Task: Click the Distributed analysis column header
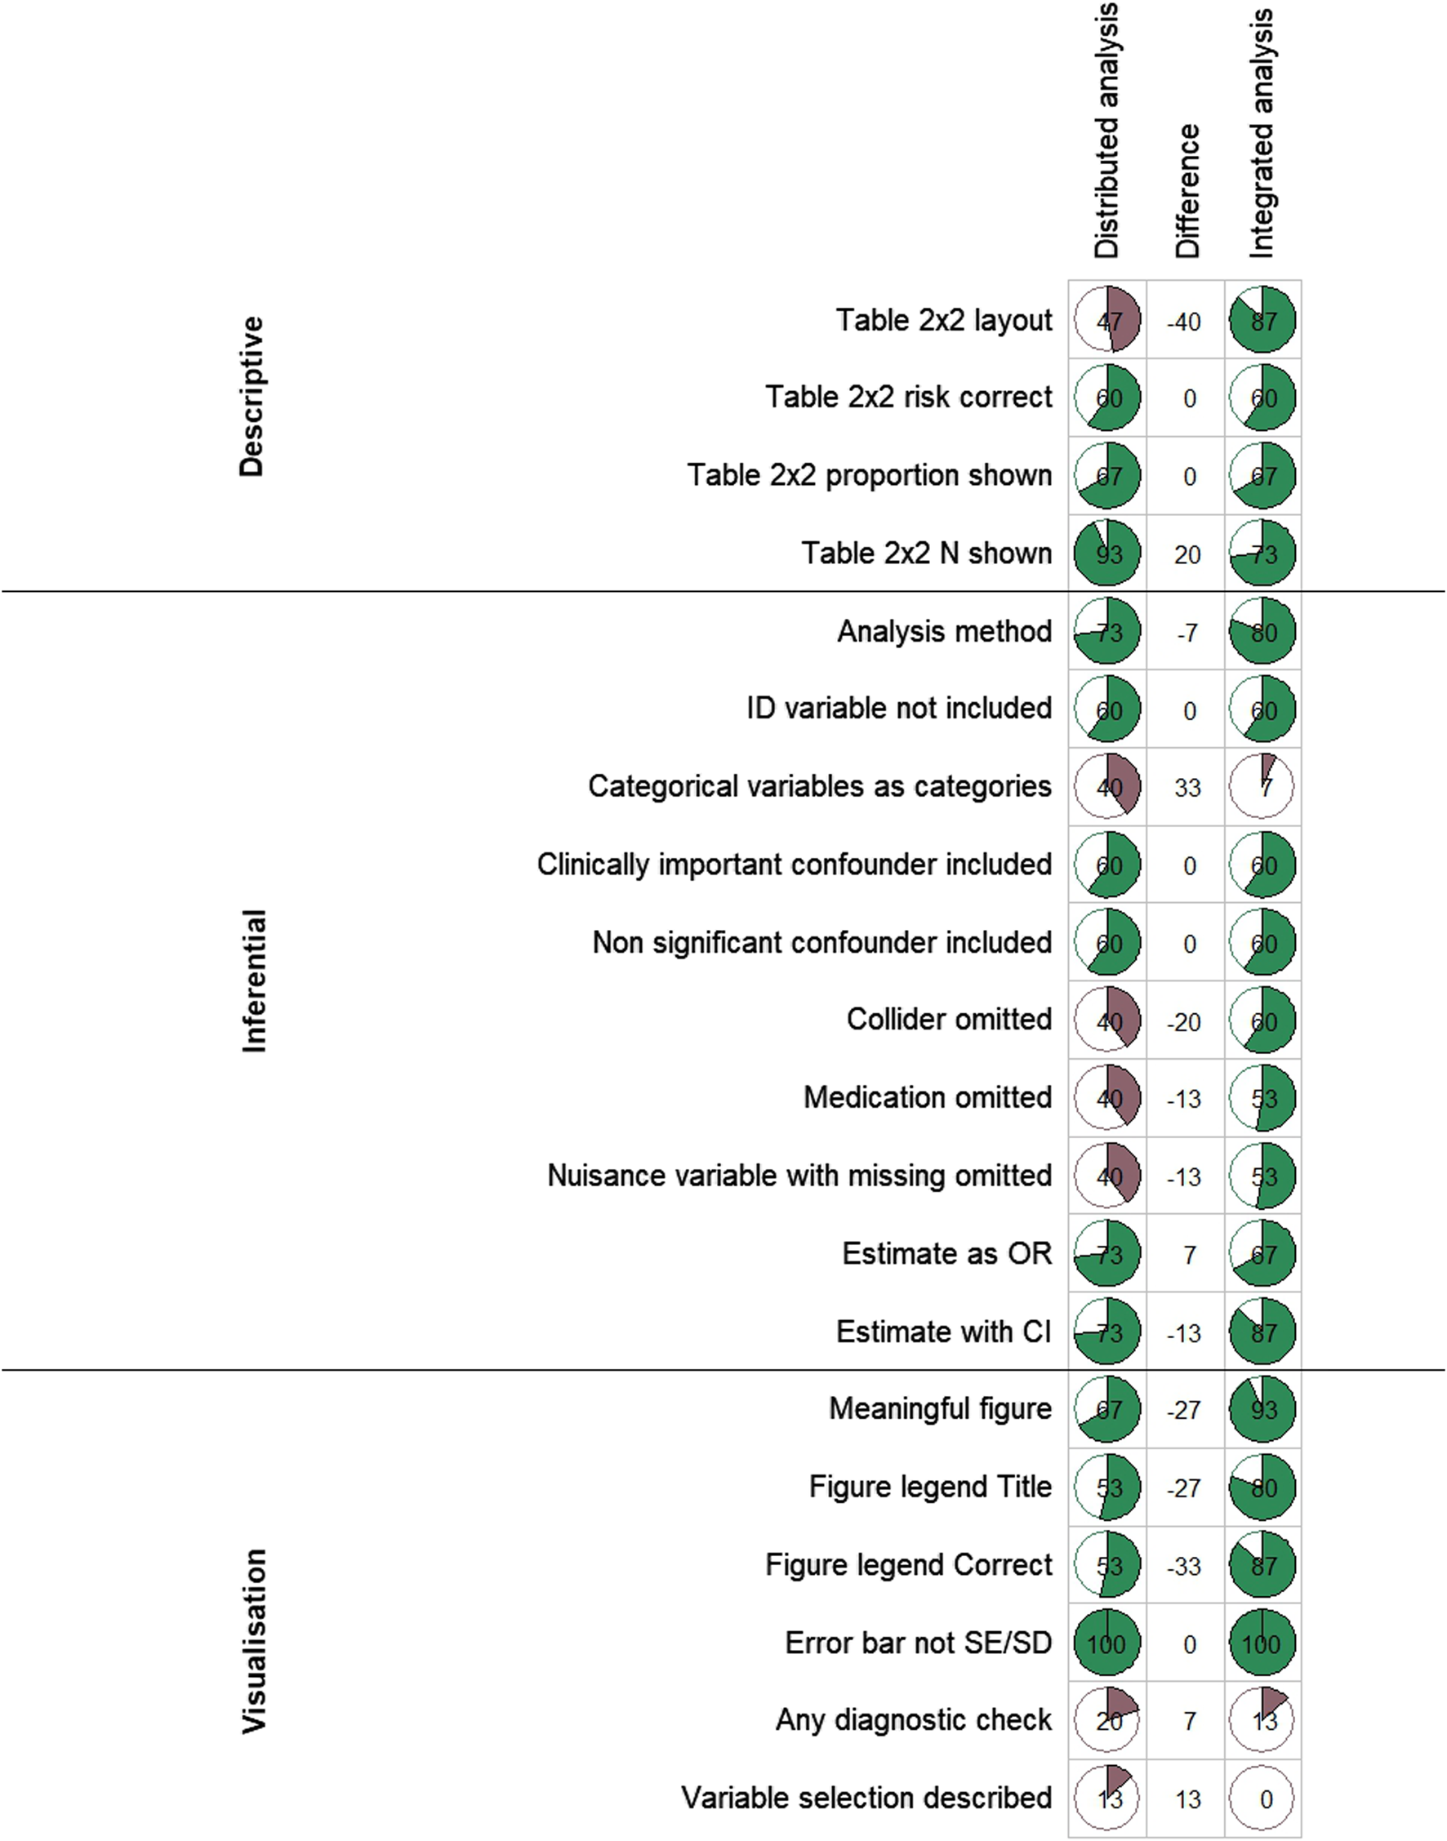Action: click(x=1106, y=131)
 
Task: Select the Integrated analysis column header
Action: click(x=1262, y=134)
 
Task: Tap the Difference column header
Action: click(x=1187, y=190)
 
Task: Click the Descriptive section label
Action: click(x=252, y=396)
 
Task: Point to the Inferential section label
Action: click(x=254, y=981)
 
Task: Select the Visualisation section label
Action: click(x=254, y=1640)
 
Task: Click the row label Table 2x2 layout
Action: click(x=944, y=320)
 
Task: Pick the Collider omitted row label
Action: click(x=949, y=1019)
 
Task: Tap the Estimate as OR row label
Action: click(x=946, y=1252)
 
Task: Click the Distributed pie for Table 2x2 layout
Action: click(x=1107, y=320)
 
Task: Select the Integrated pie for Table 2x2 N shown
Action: click(x=1262, y=554)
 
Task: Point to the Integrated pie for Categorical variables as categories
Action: click(x=1262, y=787)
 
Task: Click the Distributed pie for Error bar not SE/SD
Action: click(x=1107, y=1643)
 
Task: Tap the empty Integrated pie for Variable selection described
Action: click(x=1262, y=1798)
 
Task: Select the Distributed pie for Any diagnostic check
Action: click(x=1107, y=1720)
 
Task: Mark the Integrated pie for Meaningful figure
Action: click(x=1262, y=1409)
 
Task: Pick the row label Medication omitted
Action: click(x=927, y=1096)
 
